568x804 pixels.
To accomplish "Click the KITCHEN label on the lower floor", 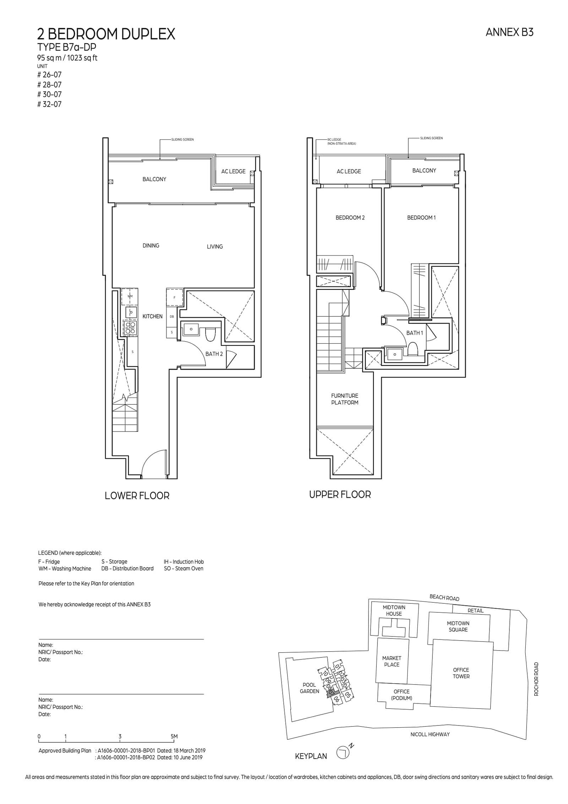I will [152, 316].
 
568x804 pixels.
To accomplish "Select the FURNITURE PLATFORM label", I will [344, 399].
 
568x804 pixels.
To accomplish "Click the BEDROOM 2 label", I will [350, 218].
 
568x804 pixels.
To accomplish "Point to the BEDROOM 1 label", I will [421, 218].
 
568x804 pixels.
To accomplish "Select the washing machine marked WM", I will [130, 296].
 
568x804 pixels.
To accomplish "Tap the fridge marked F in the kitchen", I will [174, 298].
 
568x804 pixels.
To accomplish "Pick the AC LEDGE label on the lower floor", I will [233, 171].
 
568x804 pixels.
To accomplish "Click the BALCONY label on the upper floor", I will [424, 170].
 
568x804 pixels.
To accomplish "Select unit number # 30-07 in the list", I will [49, 94].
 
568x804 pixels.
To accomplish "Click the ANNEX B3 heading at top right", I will [509, 32].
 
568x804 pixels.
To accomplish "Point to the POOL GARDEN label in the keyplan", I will [309, 688].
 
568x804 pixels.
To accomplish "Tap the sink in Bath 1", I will [394, 354].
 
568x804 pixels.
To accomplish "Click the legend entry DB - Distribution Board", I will [127, 568].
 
